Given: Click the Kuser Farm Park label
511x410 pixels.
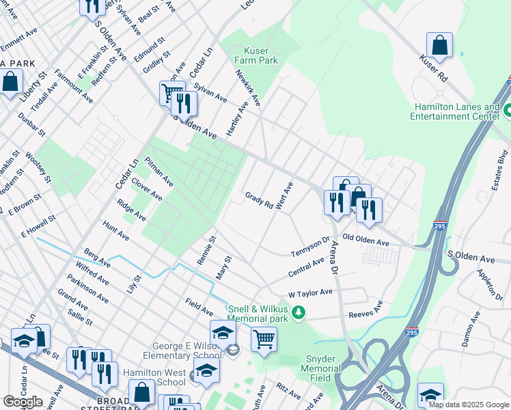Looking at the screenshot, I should tap(262, 55).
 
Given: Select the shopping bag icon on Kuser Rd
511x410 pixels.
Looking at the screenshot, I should tap(439, 46).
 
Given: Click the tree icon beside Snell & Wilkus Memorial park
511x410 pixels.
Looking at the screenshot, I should tap(298, 313).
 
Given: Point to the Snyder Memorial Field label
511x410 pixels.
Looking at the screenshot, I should tap(320, 368).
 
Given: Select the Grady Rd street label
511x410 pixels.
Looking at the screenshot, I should tap(259, 200).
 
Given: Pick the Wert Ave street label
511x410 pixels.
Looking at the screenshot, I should tap(284, 195).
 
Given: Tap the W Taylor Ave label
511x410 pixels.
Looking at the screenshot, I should tap(309, 292).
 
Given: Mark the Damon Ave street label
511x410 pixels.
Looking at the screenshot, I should tap(470, 332).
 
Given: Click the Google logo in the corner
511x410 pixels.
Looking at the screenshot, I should tap(23, 402).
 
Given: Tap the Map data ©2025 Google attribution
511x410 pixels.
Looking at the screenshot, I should tap(469, 405).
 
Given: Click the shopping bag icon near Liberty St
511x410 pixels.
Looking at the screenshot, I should tap(11, 83).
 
